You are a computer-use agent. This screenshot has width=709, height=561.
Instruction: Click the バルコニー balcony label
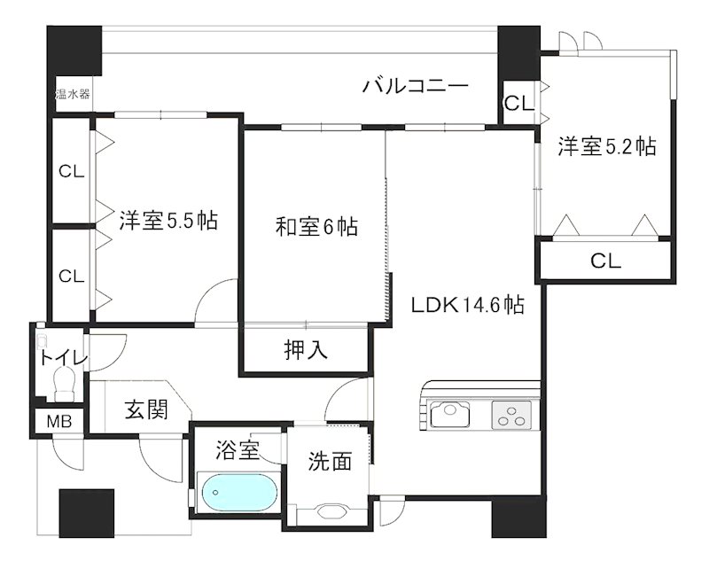415,86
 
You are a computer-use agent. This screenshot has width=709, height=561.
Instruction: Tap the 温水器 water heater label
72,94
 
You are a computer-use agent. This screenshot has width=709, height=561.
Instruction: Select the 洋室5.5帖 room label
168,221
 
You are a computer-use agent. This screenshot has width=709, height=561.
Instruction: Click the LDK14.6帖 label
467,306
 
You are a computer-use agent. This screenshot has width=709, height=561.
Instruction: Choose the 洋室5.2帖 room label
607,147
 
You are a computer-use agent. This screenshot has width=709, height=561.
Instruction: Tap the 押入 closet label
307,350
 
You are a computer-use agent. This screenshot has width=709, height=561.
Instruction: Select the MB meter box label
60,421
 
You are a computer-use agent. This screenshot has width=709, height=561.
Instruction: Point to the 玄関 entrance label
145,409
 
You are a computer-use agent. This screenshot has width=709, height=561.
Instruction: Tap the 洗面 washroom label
330,461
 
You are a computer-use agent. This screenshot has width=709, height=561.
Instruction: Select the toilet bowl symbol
64,385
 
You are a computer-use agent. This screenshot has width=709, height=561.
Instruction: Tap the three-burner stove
512,414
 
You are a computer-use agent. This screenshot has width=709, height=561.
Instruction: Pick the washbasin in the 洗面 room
330,510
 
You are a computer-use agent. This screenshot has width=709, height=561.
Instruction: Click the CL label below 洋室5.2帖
606,261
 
